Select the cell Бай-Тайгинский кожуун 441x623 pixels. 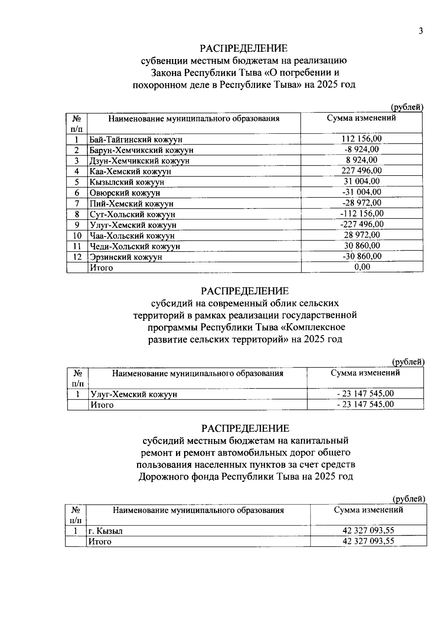point(136,140)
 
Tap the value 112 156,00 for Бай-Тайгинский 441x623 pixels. point(362,138)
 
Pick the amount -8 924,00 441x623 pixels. point(362,149)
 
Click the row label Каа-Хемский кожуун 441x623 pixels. point(130,171)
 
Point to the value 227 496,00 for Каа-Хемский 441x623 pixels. point(362,170)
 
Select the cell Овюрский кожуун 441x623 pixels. point(125,193)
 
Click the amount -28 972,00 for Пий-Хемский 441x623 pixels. point(362,202)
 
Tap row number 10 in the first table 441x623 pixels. point(77,235)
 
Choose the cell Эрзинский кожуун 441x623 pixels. point(126,257)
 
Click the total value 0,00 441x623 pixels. point(362,267)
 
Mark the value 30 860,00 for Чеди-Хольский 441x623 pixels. point(362,245)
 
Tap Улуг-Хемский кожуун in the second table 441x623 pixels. point(134,394)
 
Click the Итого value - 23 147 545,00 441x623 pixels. point(365,404)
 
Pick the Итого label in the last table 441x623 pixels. point(100,541)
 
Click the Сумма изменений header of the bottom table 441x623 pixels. point(368,510)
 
